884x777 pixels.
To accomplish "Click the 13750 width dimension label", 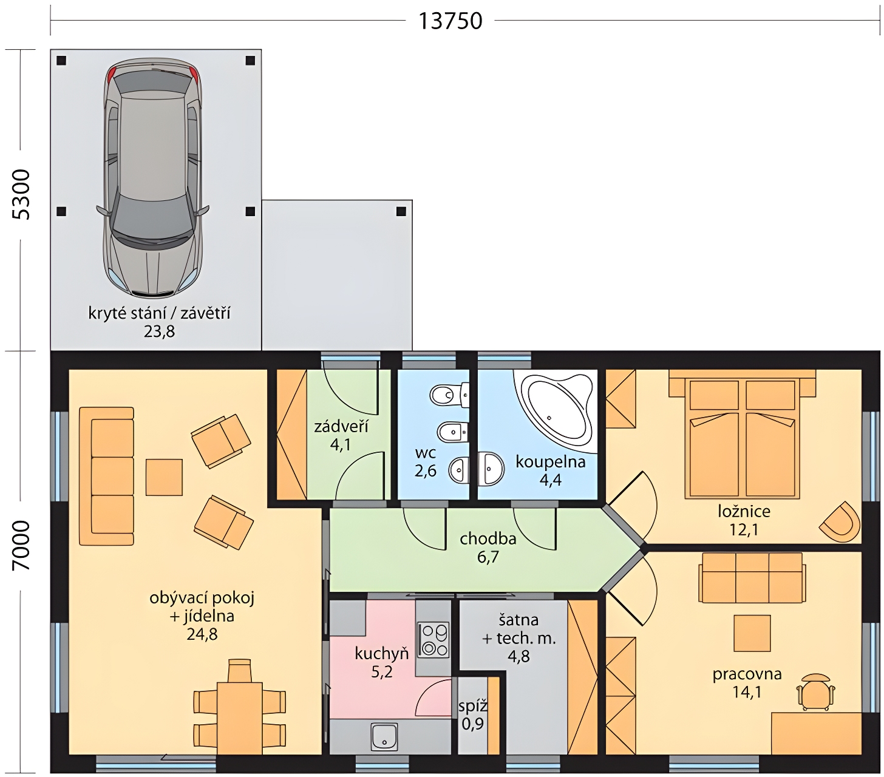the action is tap(450, 21).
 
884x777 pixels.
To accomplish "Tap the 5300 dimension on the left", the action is tap(21, 194).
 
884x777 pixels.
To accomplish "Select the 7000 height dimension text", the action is tap(21, 546).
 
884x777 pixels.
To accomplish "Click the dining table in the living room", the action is tap(239, 718).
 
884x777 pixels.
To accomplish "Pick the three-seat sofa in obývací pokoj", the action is tap(106, 476).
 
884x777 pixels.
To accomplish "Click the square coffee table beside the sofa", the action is tap(163, 477).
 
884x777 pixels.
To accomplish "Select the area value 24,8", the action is tap(202, 634).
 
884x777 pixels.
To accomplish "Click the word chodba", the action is tap(488, 539).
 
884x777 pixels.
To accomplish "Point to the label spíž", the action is tap(472, 706).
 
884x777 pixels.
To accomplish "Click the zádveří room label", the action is tap(341, 426).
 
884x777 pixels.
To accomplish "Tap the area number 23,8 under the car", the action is tap(159, 331).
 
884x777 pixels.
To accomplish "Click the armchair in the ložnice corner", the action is tap(840, 522).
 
